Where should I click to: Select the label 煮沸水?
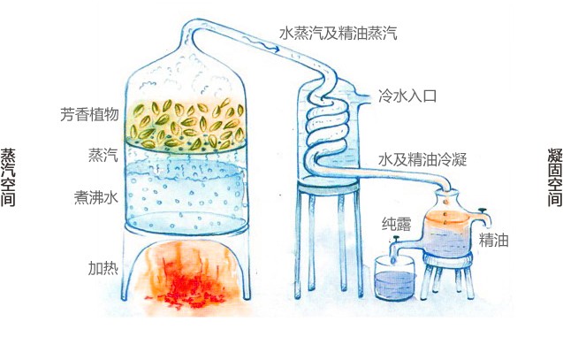(x=96, y=197)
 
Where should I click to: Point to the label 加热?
(x=103, y=267)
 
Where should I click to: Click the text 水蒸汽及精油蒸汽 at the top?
(x=339, y=34)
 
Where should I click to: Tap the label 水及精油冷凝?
(x=422, y=159)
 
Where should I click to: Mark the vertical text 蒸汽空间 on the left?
(x=10, y=177)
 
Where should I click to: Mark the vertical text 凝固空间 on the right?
(x=553, y=177)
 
